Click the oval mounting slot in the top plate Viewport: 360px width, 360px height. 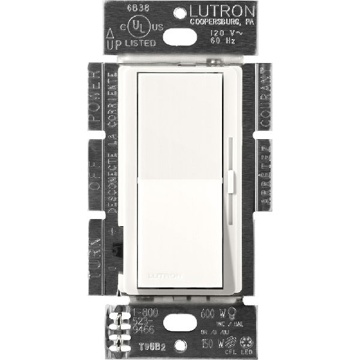(x=179, y=38)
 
